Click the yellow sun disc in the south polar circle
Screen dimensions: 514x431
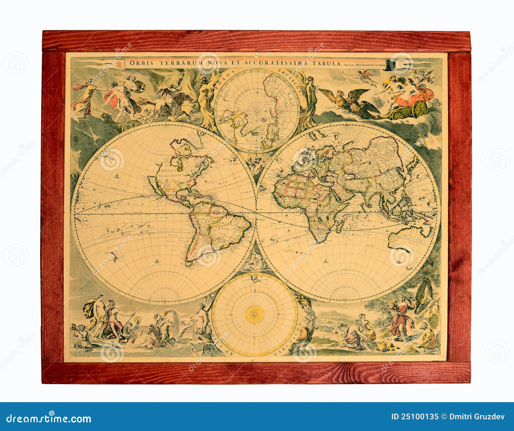[x=254, y=314]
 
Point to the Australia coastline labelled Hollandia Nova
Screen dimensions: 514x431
[x=408, y=237]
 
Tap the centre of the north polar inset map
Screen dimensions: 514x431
[x=257, y=111]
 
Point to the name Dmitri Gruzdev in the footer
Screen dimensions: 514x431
[x=476, y=417]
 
